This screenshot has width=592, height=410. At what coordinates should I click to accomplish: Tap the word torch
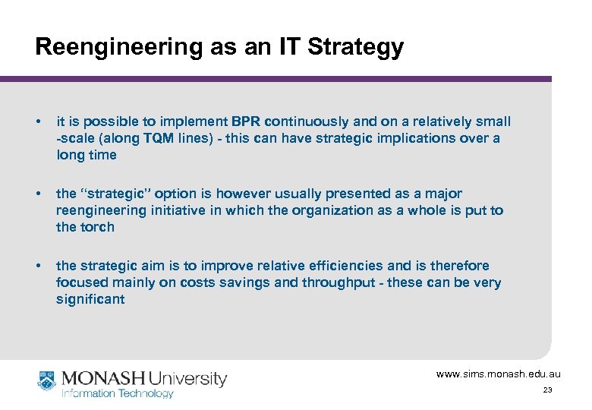[96, 227]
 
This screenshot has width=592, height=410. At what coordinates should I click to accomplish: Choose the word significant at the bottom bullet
[90, 299]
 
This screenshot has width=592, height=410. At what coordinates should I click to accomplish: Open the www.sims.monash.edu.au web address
[498, 374]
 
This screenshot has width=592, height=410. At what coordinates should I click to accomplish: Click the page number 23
[547, 389]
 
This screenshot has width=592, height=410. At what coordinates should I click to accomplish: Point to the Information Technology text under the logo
[118, 393]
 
